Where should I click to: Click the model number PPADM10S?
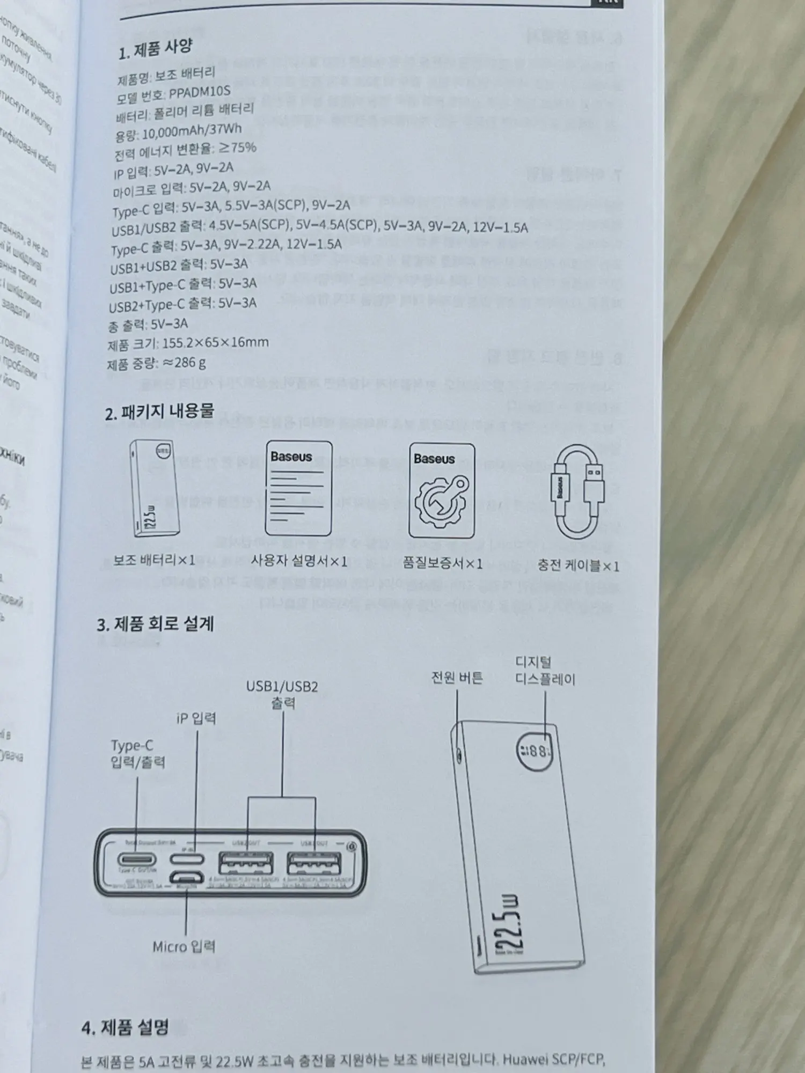200,93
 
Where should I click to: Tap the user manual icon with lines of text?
298,489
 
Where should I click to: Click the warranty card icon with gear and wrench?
442,490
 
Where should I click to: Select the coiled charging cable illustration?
579,492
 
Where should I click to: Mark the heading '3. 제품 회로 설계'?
155,624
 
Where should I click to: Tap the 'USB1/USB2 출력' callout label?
282,694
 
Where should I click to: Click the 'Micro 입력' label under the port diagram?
184,946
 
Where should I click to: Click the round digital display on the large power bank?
534,749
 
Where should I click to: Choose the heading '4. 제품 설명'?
125,1027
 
